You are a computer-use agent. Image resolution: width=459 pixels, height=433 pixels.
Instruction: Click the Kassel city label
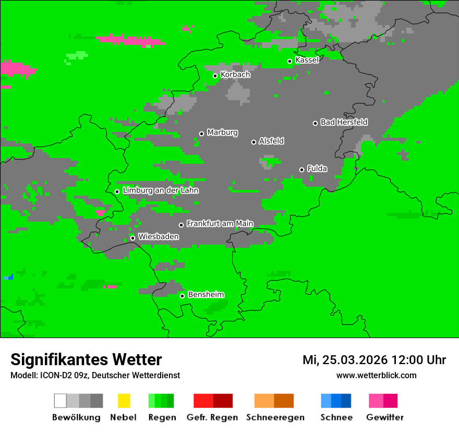click(x=307, y=60)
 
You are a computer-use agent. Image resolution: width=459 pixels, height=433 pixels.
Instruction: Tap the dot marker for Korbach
click(x=215, y=76)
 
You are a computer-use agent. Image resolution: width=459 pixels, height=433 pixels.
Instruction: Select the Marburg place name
click(x=222, y=133)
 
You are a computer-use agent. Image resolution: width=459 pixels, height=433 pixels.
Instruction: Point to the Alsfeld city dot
click(x=253, y=142)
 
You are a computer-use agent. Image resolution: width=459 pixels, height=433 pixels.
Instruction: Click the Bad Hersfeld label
click(x=344, y=122)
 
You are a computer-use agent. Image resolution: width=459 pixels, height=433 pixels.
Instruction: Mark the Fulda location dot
click(x=301, y=170)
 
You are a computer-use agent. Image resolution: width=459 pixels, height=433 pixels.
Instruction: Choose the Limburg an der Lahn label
click(x=160, y=190)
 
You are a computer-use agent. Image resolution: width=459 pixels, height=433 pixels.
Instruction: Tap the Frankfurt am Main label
click(x=220, y=224)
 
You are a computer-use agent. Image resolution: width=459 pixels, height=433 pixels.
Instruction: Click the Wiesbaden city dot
click(x=132, y=238)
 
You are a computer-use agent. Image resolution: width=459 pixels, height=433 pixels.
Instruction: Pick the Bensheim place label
click(x=206, y=295)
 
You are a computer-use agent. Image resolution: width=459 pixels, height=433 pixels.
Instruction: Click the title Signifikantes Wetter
click(x=86, y=360)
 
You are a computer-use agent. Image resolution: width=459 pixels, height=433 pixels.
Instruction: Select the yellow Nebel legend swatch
click(x=124, y=401)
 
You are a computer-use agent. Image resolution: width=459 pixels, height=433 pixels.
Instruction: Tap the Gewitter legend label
click(x=384, y=417)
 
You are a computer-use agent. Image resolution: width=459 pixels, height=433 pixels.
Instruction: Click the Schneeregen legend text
click(x=275, y=417)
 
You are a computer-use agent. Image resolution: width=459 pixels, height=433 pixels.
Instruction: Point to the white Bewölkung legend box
click(x=60, y=401)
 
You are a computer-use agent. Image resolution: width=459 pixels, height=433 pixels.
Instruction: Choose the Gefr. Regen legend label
click(x=212, y=417)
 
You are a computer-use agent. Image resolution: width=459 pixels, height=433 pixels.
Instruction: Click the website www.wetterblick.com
click(x=376, y=376)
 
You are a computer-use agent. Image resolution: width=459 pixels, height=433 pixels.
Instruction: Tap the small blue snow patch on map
click(x=8, y=277)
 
